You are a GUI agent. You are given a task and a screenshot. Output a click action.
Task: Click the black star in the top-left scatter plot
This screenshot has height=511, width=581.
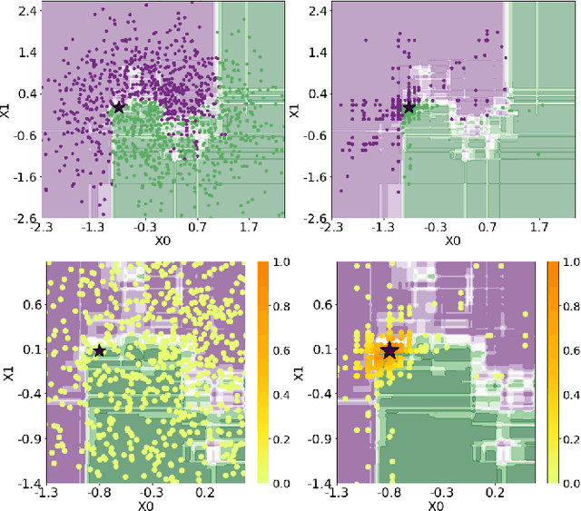[x=118, y=107]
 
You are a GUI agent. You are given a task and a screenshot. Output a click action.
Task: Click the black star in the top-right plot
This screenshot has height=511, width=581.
[x=409, y=107]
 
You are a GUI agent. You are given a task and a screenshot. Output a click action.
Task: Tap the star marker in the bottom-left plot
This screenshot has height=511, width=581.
[x=99, y=350]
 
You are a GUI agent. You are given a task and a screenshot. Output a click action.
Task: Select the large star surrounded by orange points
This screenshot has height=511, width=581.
[x=389, y=350]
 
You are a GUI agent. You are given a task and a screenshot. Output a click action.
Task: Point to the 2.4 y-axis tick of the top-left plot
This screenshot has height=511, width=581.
[x=26, y=10]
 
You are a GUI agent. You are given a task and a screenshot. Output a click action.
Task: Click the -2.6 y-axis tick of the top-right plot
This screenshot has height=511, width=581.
[x=316, y=219]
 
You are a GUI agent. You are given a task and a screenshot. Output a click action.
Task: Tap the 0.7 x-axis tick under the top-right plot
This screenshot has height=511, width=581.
[x=487, y=228]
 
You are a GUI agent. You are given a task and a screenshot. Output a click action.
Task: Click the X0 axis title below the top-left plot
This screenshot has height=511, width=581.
[x=162, y=241]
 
